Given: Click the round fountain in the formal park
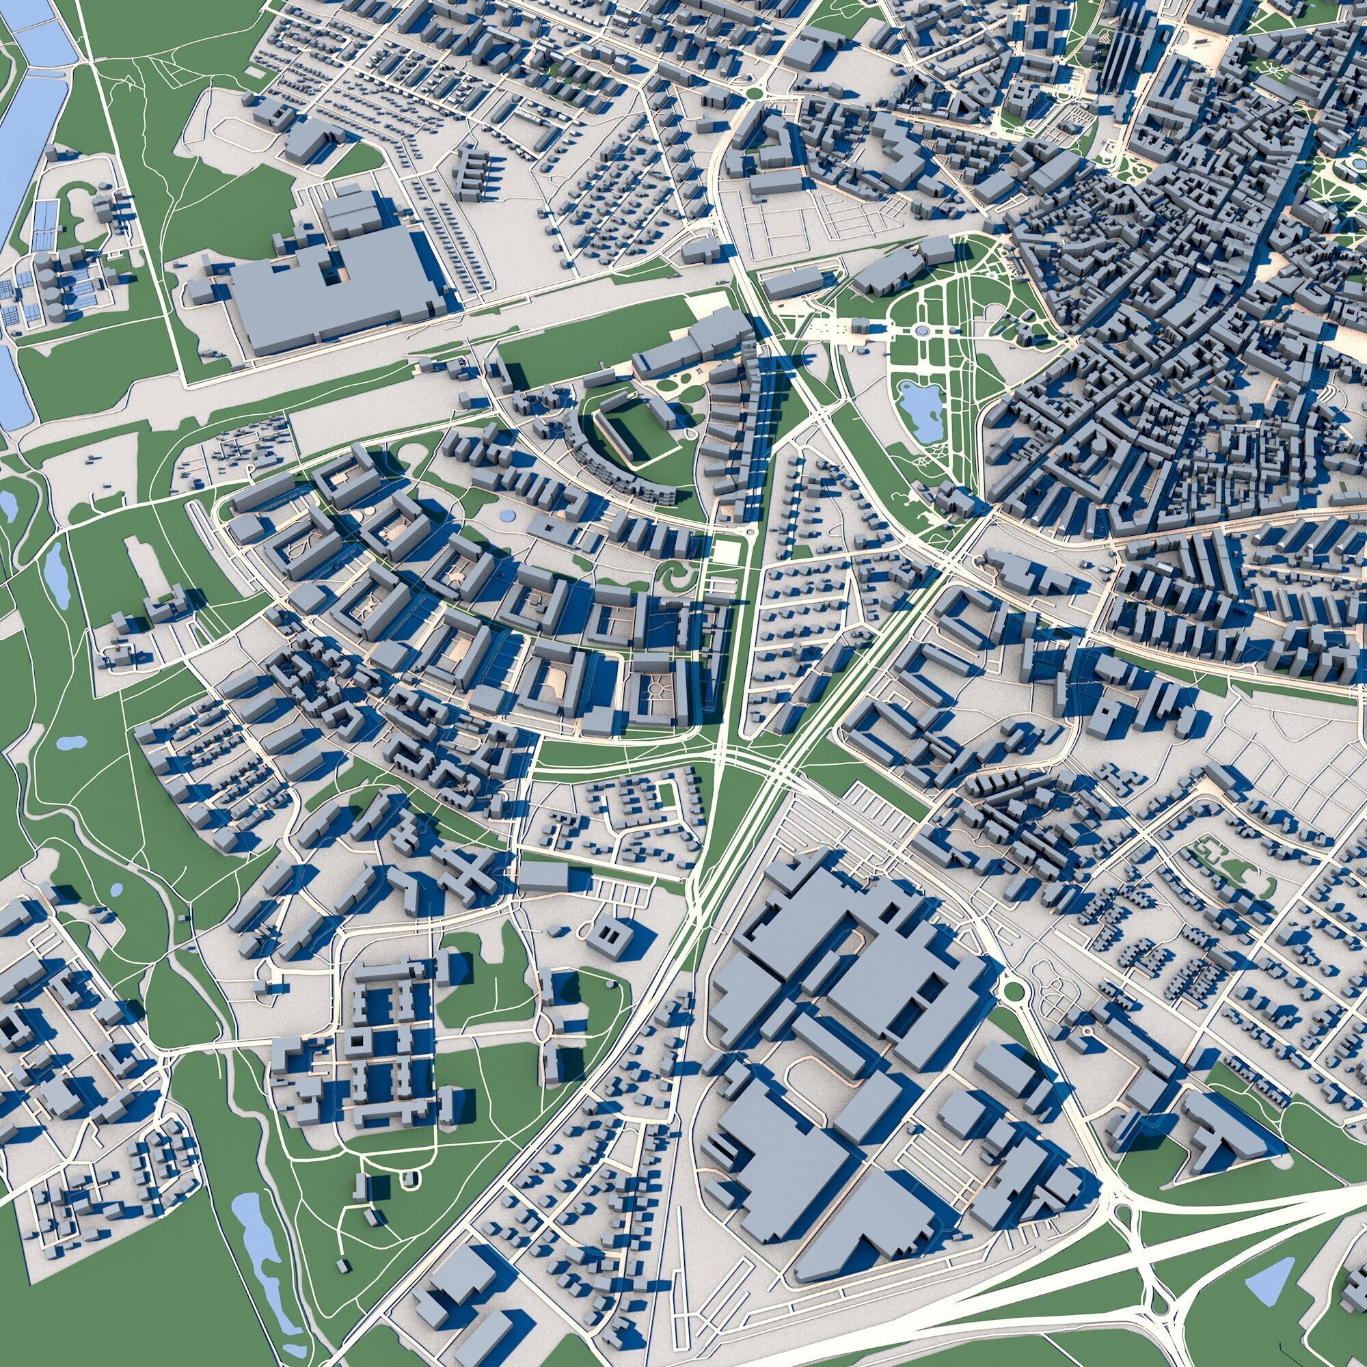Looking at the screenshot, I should point(921,330).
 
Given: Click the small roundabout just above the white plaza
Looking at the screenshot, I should point(750,530).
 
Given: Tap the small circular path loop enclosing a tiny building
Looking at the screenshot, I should point(409,1175).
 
